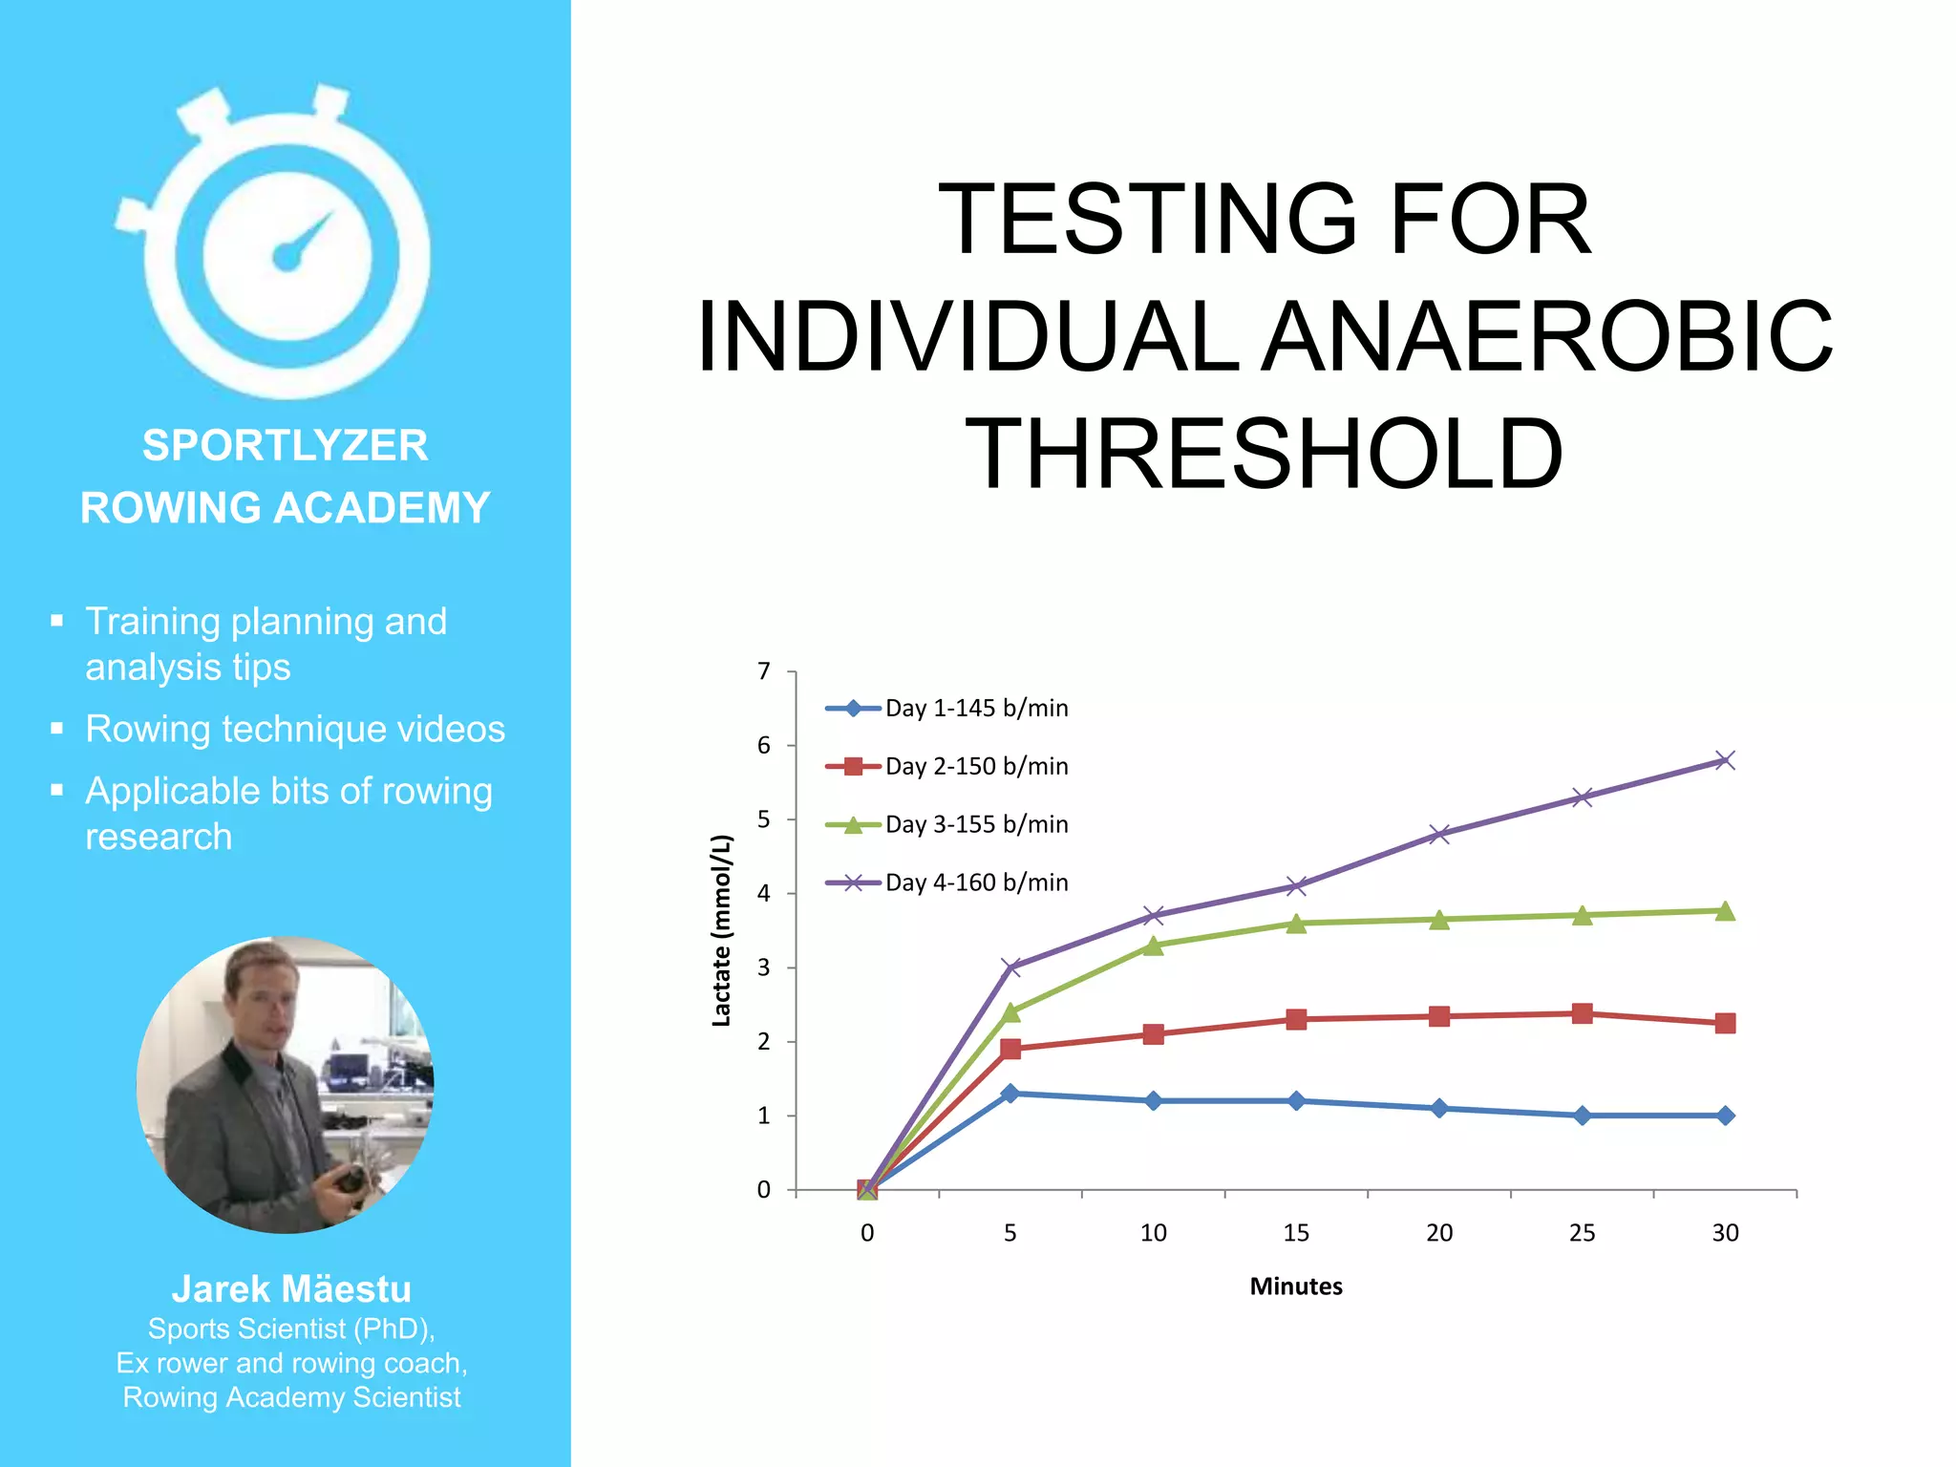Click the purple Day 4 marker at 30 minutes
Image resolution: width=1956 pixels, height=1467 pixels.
click(x=1724, y=760)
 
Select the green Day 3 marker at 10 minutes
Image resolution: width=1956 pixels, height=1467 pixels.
click(x=1153, y=946)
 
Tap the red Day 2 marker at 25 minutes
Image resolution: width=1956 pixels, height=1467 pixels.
click(x=1582, y=1013)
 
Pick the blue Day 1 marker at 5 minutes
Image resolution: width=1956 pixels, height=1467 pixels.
click(x=1010, y=1093)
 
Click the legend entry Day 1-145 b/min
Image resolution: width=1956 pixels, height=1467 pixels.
click(x=975, y=708)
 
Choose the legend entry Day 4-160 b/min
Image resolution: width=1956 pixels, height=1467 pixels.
click(x=975, y=882)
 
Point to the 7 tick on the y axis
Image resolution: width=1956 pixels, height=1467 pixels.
click(x=764, y=671)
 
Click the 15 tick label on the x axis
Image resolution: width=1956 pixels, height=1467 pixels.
click(x=1295, y=1233)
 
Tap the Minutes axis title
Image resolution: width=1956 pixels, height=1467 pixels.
click(x=1295, y=1286)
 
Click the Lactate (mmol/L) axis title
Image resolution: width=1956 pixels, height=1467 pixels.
click(x=721, y=930)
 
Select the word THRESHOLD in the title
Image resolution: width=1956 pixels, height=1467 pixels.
click(x=1264, y=455)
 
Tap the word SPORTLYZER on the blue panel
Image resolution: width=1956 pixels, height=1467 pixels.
click(x=285, y=445)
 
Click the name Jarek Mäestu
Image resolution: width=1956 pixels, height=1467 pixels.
click(x=291, y=1289)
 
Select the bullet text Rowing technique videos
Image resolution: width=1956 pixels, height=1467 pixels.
click(x=294, y=730)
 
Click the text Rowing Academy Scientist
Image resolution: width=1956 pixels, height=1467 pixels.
click(x=291, y=1397)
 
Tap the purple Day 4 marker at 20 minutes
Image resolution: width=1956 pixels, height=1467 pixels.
click(x=1438, y=834)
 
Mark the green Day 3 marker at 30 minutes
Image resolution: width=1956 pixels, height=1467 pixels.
click(x=1724, y=911)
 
